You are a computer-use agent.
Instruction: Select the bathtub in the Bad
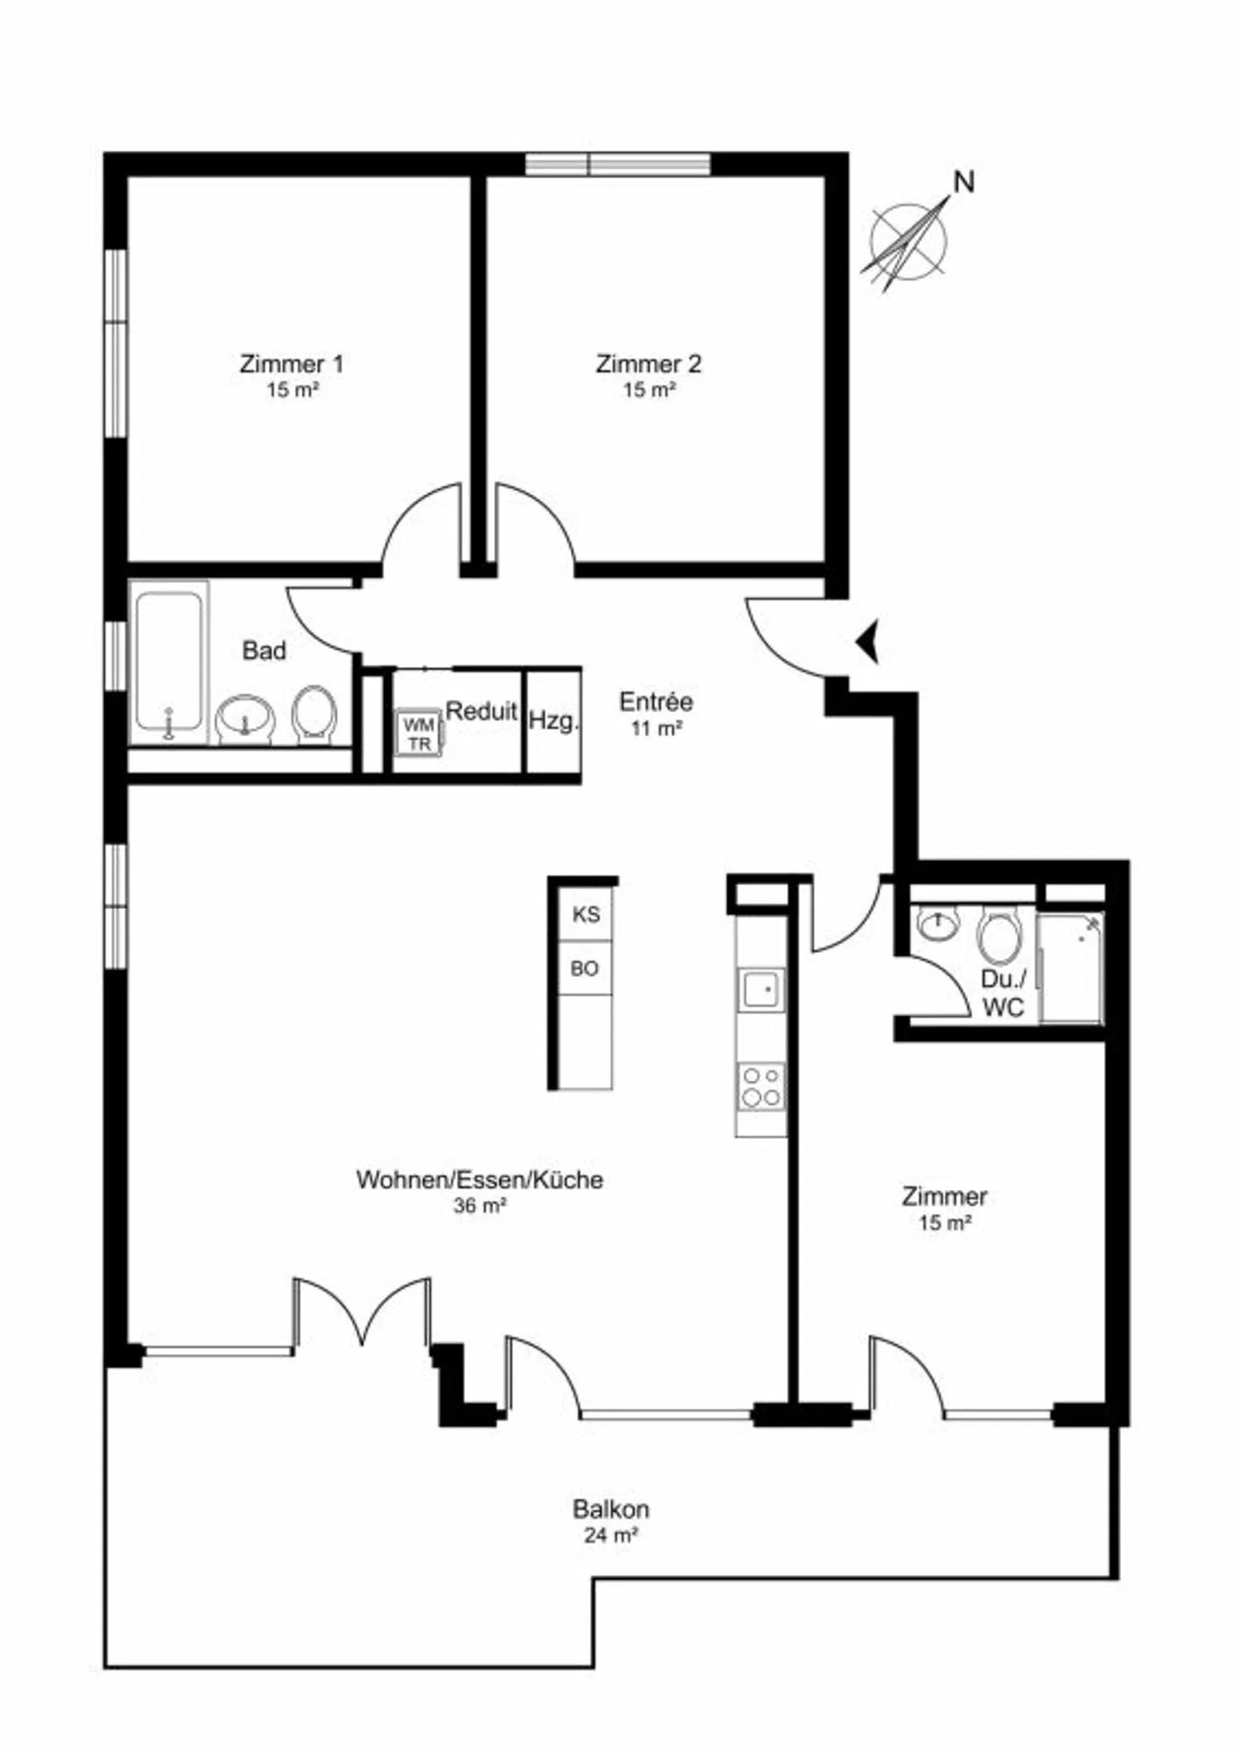[x=169, y=663]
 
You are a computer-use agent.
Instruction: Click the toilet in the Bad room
[x=314, y=714]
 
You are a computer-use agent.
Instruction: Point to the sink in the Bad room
[x=245, y=719]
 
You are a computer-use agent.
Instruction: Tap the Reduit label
[x=481, y=711]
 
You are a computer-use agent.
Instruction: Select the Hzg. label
[x=554, y=721]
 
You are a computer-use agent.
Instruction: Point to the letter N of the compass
[x=965, y=182]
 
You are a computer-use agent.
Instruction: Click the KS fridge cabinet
[x=586, y=914]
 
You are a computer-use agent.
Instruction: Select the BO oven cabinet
[x=585, y=968]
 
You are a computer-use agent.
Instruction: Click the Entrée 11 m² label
[x=656, y=714]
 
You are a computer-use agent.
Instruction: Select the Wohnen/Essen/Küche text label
[x=480, y=1179]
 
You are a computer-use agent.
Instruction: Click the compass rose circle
[x=908, y=242]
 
